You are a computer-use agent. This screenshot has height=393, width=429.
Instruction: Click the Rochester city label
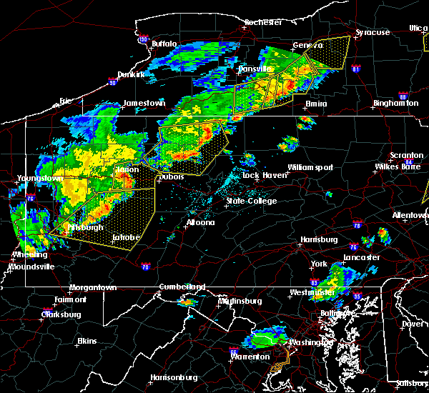[263, 22]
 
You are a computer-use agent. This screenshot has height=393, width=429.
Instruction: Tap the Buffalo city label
[164, 44]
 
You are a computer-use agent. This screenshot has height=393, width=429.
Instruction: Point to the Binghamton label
[395, 104]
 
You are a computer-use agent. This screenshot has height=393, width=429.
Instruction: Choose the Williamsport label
[310, 167]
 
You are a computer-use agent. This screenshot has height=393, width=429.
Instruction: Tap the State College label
[251, 201]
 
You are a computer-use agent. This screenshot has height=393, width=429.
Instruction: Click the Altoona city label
[200, 222]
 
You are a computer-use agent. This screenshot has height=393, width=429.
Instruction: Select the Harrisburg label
[320, 239]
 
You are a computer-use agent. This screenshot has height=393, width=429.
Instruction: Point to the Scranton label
[406, 156]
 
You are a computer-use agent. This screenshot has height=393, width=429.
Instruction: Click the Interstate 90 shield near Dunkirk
[112, 80]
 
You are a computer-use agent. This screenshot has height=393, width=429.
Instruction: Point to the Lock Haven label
[260, 175]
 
